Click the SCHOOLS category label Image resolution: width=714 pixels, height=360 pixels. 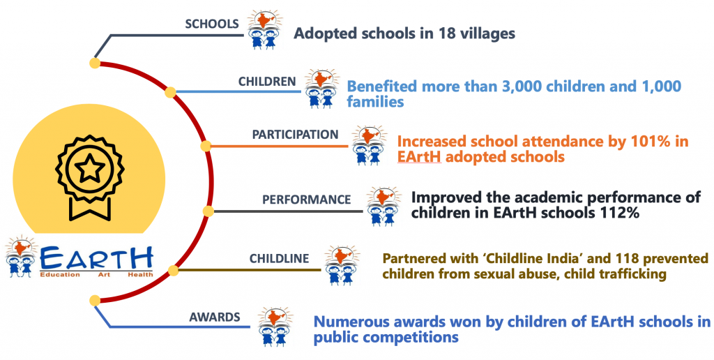point(212,24)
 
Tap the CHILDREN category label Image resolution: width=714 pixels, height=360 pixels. point(267,81)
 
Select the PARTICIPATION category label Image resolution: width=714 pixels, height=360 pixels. point(296,135)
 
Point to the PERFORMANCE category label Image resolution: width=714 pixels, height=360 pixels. point(307,200)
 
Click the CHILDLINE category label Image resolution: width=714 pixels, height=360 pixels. point(279,258)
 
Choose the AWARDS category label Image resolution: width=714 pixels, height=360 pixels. point(215,316)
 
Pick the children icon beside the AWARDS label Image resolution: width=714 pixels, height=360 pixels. point(275,326)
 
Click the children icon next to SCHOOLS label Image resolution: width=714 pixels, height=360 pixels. point(264,29)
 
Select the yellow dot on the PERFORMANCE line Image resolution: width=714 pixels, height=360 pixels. point(208,211)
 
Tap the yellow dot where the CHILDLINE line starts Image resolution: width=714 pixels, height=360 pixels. point(173,271)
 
